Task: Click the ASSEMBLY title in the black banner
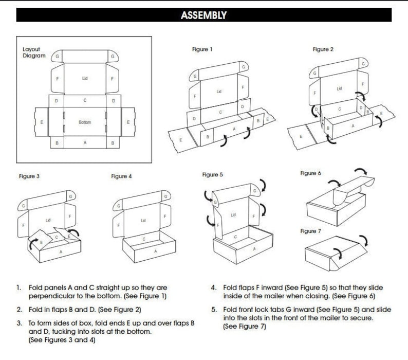point(203,15)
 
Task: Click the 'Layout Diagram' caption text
point(34,52)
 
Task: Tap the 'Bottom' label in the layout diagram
point(85,122)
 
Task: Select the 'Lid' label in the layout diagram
point(85,78)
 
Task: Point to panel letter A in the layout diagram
point(85,143)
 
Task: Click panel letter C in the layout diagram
point(85,100)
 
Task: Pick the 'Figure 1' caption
point(202,49)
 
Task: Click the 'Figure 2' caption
point(323,49)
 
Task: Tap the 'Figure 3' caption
point(29,176)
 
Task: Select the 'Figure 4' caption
point(121,176)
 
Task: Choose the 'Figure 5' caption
point(213,175)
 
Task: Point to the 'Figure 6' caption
point(311,173)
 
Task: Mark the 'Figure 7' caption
point(311,231)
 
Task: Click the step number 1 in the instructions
point(18,288)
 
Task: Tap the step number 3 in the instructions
point(19,323)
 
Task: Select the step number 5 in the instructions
point(214,310)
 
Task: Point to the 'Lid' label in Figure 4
point(143,221)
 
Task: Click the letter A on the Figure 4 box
point(155,251)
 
